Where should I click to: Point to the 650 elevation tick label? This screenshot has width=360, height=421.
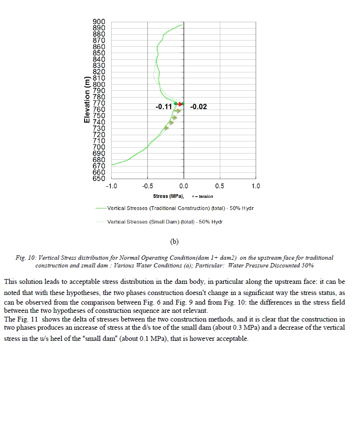(99, 179)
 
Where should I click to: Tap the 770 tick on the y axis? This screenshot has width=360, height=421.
(99, 103)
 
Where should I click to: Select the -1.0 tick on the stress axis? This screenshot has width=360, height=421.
(111, 186)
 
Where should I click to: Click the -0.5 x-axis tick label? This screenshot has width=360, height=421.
(147, 186)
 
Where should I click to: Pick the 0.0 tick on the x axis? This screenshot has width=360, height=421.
(184, 186)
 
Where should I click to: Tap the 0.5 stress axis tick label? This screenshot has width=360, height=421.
(220, 186)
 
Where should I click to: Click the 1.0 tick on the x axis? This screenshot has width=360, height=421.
(256, 186)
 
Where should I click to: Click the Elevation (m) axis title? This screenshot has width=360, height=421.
(87, 100)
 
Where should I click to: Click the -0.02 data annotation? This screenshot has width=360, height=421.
(199, 106)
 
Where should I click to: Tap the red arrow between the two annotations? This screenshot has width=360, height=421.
(180, 104)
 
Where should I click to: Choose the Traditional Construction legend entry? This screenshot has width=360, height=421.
(180, 209)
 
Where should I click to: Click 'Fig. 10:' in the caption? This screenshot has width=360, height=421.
(26, 258)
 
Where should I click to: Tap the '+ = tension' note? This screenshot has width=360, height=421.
(202, 196)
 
